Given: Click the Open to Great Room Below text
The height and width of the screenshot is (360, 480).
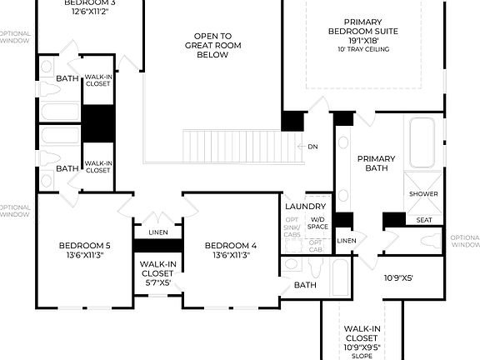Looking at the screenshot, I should (x=213, y=45).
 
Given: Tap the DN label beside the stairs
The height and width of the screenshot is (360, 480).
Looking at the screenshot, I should (x=312, y=147).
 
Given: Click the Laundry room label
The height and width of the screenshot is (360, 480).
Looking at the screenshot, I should (x=304, y=206).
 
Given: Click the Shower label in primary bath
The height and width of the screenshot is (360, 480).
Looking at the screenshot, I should (x=423, y=193).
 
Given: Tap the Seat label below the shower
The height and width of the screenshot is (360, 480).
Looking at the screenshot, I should (x=424, y=220).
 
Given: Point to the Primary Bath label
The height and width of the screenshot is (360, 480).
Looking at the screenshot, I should (x=376, y=163).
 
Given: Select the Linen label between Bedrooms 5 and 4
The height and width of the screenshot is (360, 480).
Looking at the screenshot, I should (x=157, y=232).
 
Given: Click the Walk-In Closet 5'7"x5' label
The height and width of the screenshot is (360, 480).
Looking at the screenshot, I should (x=157, y=272).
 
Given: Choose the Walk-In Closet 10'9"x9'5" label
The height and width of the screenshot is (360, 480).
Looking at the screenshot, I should (x=362, y=338).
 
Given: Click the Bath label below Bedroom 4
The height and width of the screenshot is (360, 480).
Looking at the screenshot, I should (x=305, y=285).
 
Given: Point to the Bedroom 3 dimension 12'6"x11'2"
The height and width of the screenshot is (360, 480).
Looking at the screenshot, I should (x=87, y=12).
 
